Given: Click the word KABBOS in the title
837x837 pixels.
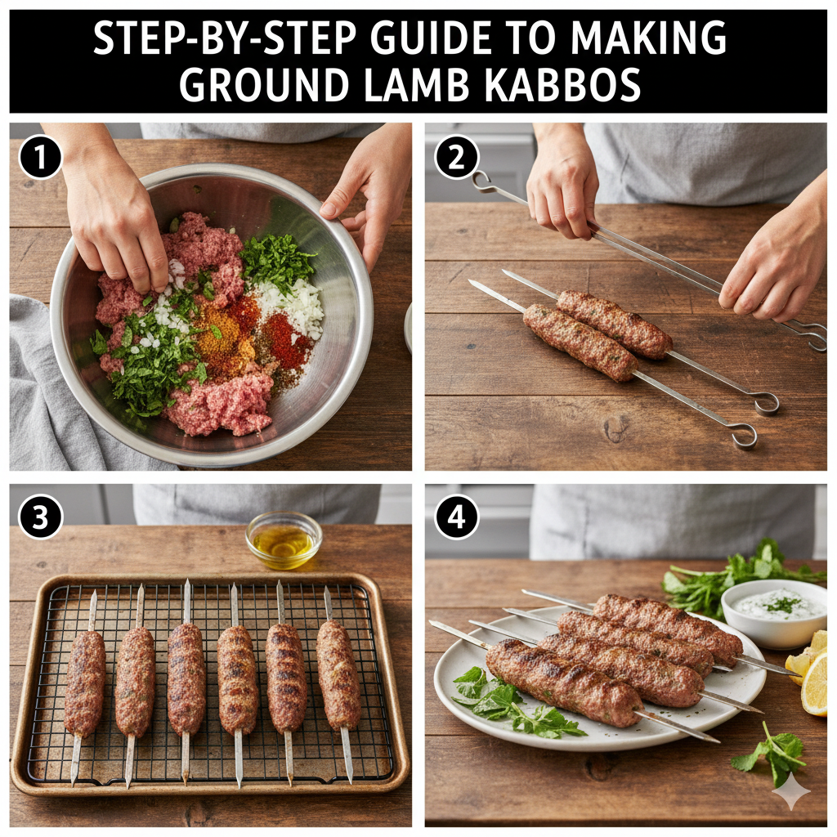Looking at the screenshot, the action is (563, 85).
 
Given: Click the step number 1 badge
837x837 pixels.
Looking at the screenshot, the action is (40, 157).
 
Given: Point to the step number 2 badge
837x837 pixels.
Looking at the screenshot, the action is (456, 157).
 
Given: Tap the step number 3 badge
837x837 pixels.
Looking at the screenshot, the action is (40, 517).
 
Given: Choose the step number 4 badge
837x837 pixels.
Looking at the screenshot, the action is (456, 517).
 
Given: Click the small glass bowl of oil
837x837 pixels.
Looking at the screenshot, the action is (284, 539).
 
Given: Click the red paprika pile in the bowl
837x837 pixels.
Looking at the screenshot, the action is (284, 335).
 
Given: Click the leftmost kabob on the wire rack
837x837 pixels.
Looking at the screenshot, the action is (84, 683).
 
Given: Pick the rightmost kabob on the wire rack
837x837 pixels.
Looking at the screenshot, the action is (338, 675).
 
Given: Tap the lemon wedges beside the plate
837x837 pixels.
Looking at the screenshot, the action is (810, 672).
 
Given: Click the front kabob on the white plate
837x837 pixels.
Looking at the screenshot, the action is (564, 683).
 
